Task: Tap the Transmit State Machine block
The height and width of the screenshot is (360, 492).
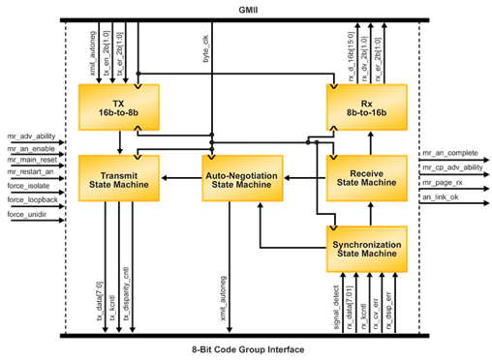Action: pos(118,176)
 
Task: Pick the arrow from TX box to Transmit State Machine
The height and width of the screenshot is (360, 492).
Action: pos(118,142)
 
